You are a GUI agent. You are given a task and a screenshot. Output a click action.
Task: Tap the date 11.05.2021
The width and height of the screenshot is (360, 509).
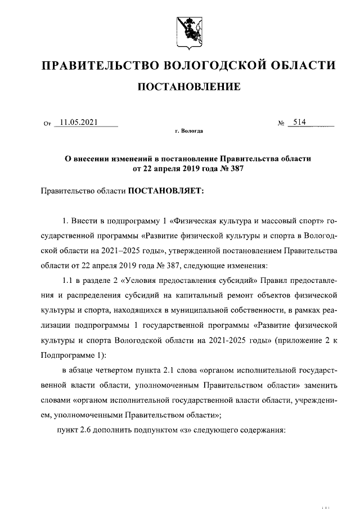80,122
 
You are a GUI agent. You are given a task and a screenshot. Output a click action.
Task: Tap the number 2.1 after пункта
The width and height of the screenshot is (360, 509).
165,370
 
